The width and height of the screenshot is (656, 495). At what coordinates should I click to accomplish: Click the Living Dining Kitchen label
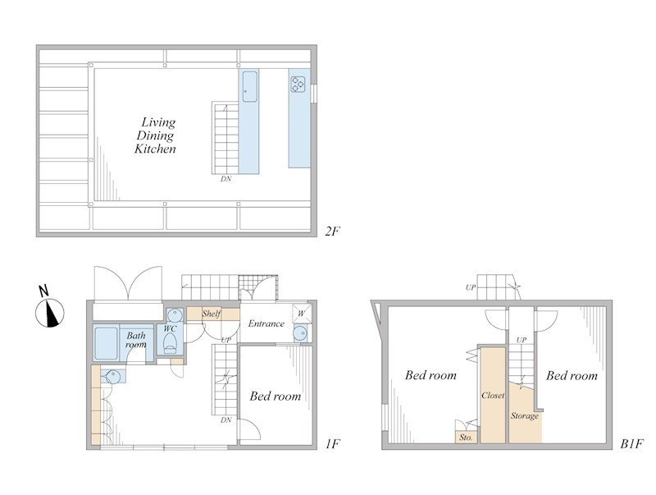coord(156,135)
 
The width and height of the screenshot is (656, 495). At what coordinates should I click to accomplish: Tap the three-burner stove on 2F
coord(298,84)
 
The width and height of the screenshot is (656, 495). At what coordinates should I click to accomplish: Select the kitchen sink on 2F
coord(250,87)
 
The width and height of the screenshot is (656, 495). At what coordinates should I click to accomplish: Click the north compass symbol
coord(49,308)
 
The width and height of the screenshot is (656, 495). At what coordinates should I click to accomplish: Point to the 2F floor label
coord(333,231)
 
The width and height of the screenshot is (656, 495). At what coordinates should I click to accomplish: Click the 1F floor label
coord(333,443)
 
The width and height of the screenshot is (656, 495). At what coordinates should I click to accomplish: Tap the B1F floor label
coord(631,443)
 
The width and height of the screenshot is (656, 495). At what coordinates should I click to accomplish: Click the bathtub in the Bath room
coord(107,344)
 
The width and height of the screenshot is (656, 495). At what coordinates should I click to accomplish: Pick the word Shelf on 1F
coord(212,314)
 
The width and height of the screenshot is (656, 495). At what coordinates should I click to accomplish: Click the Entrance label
coord(266,323)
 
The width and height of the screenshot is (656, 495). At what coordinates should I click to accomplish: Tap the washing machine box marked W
coord(302,314)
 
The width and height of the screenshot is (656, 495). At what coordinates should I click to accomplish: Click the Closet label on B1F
coord(493,395)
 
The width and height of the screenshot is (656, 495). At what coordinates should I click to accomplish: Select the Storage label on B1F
coord(525,416)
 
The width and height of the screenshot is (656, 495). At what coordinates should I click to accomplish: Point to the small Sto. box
coord(466,438)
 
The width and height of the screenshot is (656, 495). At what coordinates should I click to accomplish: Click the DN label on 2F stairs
coord(226,179)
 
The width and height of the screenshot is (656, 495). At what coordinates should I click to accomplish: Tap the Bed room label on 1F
coord(276,396)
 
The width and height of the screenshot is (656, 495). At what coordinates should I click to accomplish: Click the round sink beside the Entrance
coord(300,334)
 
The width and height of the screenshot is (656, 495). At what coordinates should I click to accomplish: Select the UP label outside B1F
coord(471,287)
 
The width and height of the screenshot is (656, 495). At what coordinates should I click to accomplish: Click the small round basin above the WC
coord(174,314)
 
